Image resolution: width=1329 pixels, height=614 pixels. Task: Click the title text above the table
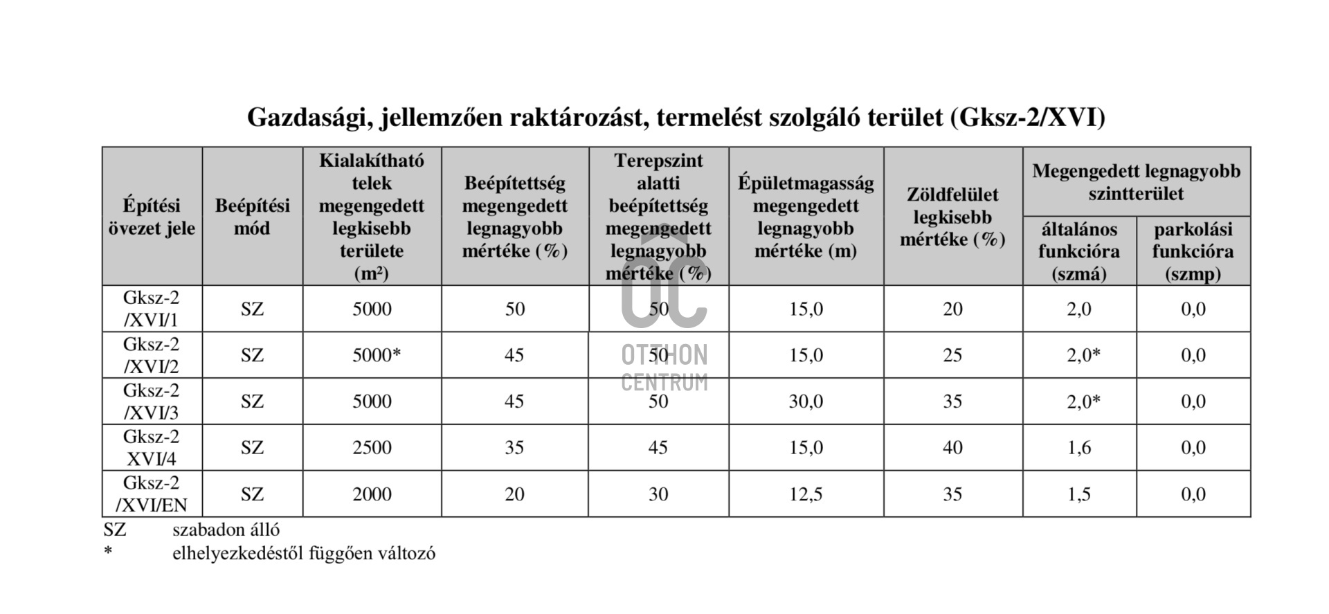676,118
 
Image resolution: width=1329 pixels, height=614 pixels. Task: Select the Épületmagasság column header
806,217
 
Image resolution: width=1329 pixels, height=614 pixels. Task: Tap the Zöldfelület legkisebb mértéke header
952,217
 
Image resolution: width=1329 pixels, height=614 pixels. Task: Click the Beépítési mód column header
252,217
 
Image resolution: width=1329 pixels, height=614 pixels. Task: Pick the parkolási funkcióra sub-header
1193,251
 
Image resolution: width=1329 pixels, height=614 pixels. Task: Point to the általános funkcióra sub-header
1078,251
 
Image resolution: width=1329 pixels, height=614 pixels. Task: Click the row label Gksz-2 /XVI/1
151,309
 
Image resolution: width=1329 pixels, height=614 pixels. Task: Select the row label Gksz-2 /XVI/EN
151,494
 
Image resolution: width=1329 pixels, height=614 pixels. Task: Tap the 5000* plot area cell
377,355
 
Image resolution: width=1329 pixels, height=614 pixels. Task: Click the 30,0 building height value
806,401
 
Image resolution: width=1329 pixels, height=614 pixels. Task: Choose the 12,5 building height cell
806,494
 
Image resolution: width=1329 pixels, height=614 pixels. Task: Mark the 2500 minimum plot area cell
372,448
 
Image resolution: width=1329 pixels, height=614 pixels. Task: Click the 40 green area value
952,448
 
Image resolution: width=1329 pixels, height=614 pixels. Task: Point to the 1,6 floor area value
1078,448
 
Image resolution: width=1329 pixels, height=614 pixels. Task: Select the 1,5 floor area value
1078,494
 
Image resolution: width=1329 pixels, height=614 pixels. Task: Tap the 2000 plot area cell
372,494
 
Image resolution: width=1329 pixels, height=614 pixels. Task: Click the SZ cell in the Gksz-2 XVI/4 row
252,448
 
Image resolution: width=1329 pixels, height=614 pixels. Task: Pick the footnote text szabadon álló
226,530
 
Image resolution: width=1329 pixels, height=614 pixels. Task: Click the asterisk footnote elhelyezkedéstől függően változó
303,553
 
